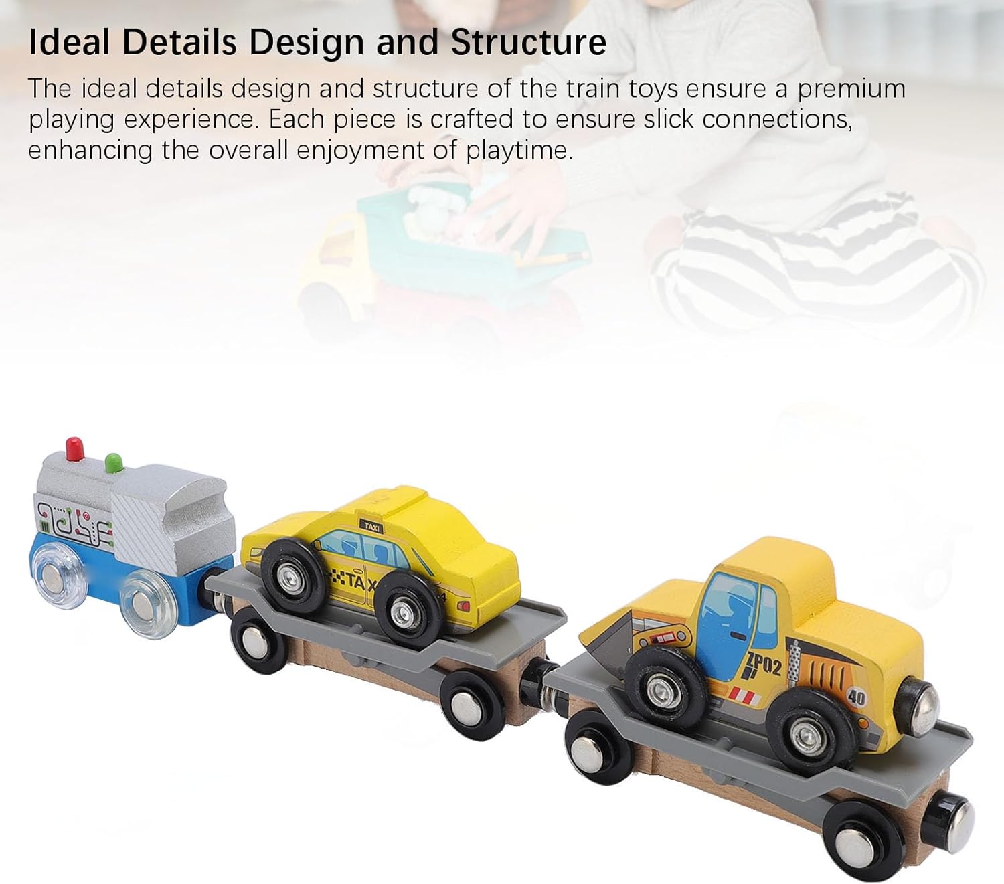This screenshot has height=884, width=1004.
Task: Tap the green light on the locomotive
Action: [114, 462]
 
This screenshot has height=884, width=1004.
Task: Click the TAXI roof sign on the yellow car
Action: [371, 527]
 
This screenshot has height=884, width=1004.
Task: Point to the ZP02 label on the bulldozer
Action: [764, 666]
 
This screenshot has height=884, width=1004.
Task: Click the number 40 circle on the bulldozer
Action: [857, 697]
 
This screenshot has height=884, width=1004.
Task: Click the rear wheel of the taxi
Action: [402, 610]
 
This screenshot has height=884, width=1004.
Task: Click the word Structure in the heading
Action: [529, 42]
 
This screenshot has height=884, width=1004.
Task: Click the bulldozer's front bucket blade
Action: [609, 636]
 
